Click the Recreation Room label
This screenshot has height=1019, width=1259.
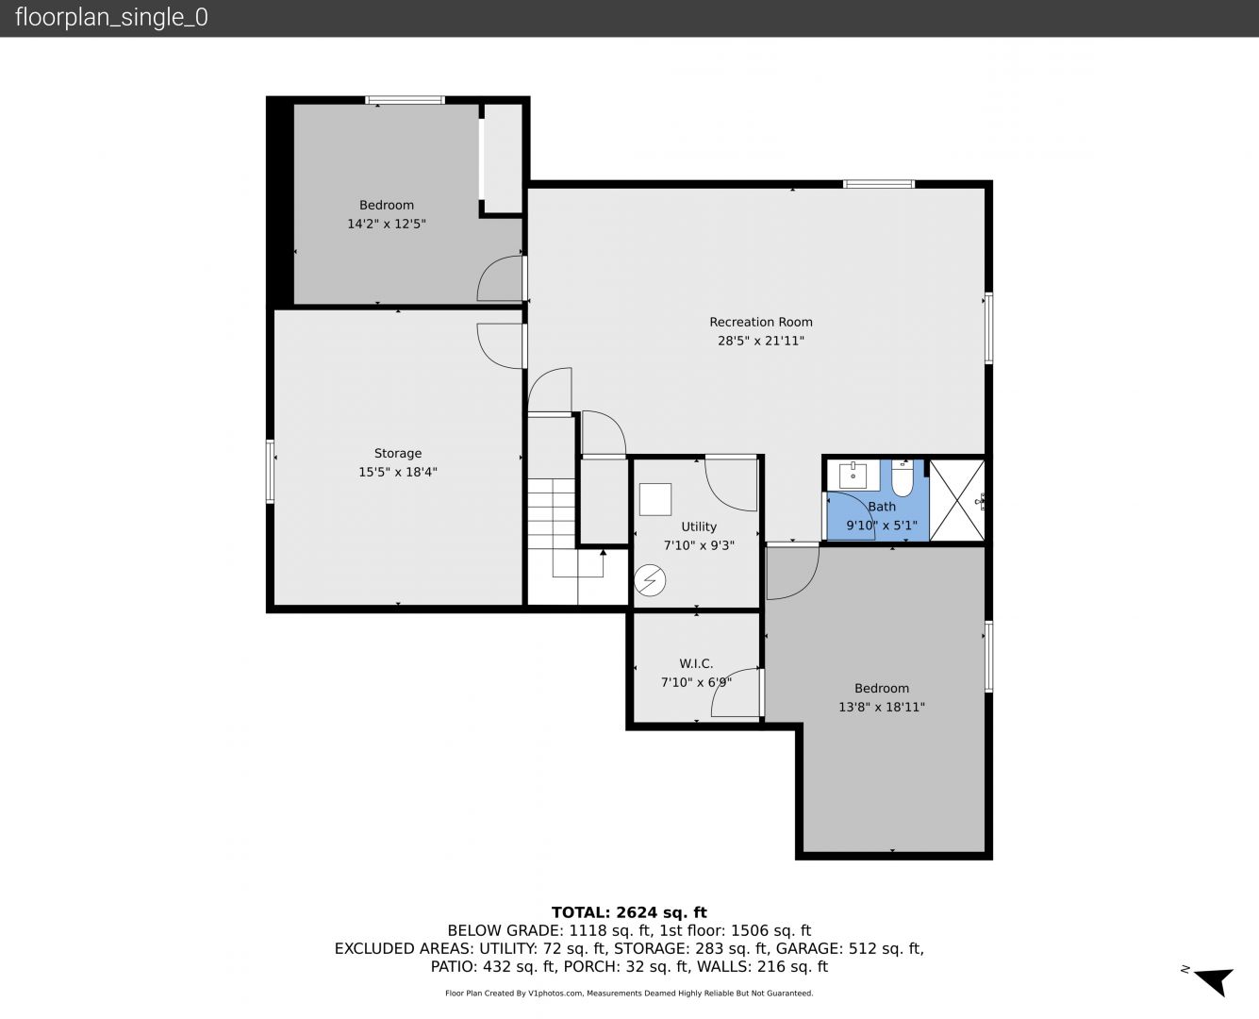761,323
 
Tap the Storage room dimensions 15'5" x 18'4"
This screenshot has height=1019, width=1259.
398,472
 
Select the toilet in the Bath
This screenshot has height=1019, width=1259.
903,478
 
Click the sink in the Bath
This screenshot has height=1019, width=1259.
853,476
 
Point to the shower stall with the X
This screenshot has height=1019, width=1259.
957,500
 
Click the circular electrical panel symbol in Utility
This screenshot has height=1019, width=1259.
650,580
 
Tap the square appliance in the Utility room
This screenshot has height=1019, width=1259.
654,500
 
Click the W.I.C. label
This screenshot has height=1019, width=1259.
696,663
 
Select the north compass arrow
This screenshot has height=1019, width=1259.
1215,982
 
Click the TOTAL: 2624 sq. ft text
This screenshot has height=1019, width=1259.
629,912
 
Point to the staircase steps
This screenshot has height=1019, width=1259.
552,512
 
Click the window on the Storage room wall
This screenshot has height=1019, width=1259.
270,472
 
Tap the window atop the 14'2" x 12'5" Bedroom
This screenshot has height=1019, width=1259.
405,100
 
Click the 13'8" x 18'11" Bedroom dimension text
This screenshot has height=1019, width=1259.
881,707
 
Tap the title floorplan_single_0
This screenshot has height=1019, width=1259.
111,18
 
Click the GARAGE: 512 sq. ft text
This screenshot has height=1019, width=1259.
848,948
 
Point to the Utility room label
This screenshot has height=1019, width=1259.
699,526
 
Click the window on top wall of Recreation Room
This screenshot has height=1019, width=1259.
878,184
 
